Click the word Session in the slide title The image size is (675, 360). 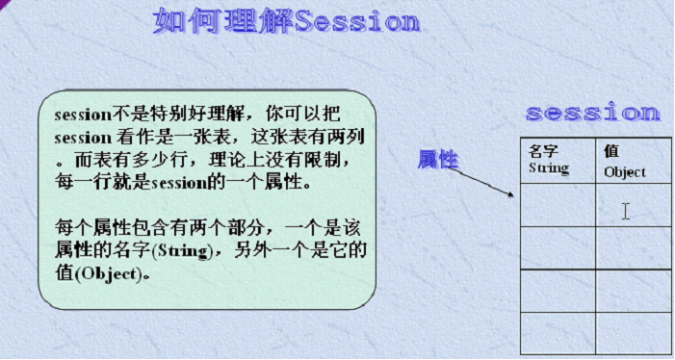coord(357,22)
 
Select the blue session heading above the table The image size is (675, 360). coord(592,113)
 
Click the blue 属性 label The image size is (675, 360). coord(437,160)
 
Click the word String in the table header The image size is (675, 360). coord(549,168)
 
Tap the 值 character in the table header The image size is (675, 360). coord(611,151)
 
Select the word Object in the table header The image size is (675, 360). coord(625,172)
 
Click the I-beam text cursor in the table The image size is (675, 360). coord(625,211)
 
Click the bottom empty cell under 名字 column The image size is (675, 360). coord(558,333)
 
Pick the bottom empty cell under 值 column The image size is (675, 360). coord(634,333)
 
